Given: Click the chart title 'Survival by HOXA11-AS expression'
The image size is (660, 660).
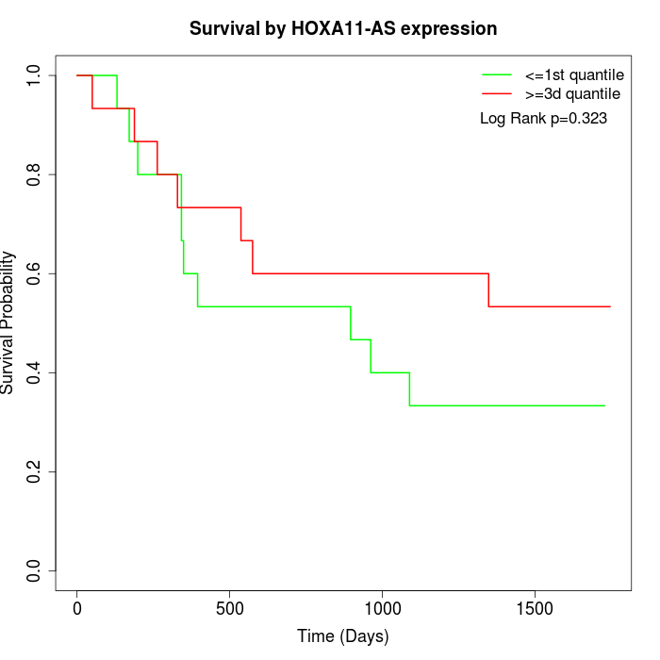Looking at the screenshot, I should click(343, 28).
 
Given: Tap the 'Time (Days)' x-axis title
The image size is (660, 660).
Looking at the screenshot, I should click(343, 637).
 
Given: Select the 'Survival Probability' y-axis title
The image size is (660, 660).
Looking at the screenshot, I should click(8, 322).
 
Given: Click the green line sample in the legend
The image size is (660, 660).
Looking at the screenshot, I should click(497, 74).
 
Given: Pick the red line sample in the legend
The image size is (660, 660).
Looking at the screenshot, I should click(497, 93).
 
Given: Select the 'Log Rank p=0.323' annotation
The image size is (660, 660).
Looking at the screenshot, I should click(543, 119).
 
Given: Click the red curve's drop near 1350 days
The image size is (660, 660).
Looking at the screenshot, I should click(488, 289).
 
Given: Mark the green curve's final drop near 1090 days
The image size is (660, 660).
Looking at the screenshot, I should click(409, 388).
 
